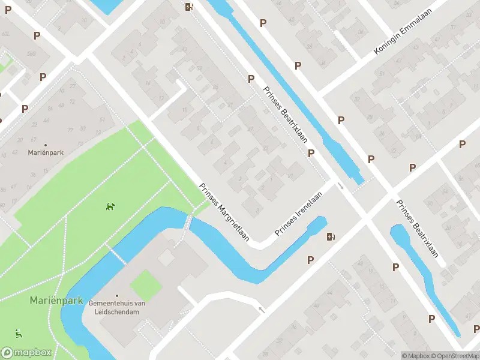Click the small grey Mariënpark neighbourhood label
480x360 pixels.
coord(46,152)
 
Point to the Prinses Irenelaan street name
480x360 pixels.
coord(299,213)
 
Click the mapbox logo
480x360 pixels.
coord(26,353)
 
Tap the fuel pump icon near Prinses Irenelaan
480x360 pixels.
coord(331,236)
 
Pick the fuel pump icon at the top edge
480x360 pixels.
coord(190,7)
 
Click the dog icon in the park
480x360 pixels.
coord(110,206)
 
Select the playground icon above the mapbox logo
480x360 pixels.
coord(19,334)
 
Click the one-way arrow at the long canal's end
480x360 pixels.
coord(340,185)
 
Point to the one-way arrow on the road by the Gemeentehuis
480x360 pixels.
coord(261,310)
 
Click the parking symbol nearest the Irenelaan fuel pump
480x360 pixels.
coord(311,260)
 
